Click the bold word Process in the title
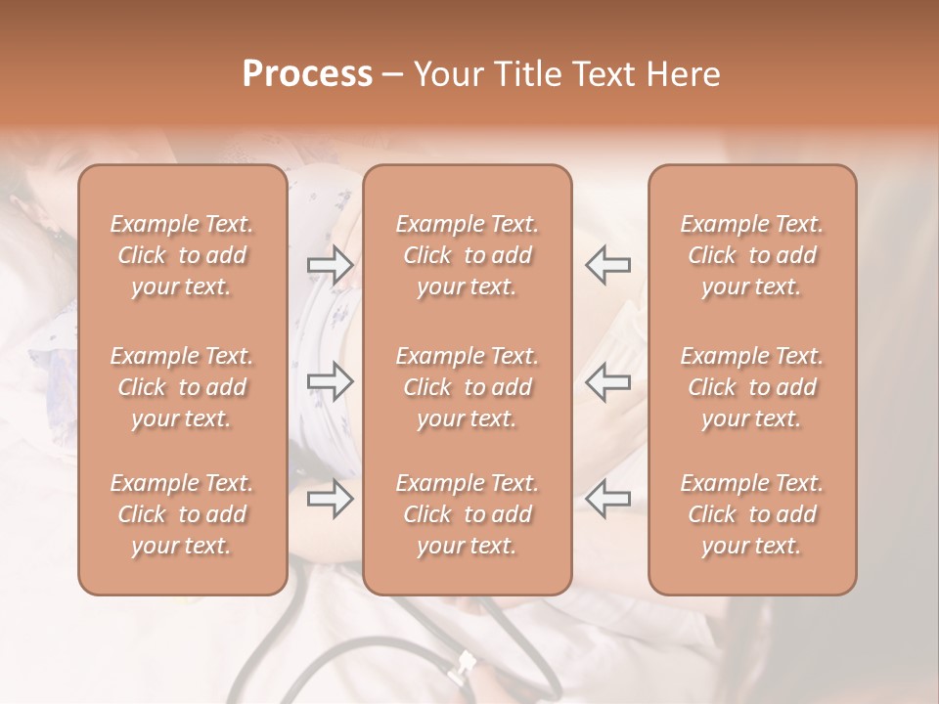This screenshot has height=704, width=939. click(x=307, y=74)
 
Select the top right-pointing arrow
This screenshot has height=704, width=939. click(x=330, y=264)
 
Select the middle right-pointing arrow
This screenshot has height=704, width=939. click(x=330, y=381)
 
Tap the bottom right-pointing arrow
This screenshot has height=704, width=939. click(x=330, y=500)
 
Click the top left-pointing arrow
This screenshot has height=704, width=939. click(x=607, y=264)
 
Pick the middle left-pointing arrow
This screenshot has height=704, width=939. click(x=607, y=381)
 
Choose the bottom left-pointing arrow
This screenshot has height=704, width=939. click(x=607, y=500)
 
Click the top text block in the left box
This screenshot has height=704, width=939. click(x=182, y=255)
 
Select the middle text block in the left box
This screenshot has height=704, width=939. click(x=182, y=387)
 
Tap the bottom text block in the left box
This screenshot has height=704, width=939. click(x=182, y=514)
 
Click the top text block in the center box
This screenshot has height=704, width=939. click(x=467, y=255)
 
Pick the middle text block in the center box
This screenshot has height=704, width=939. click(x=467, y=387)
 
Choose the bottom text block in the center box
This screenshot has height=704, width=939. click(x=467, y=514)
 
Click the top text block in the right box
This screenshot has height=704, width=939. click(x=751, y=255)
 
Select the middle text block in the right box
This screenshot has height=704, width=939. click(x=751, y=387)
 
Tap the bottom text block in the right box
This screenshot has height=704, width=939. click(x=751, y=514)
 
